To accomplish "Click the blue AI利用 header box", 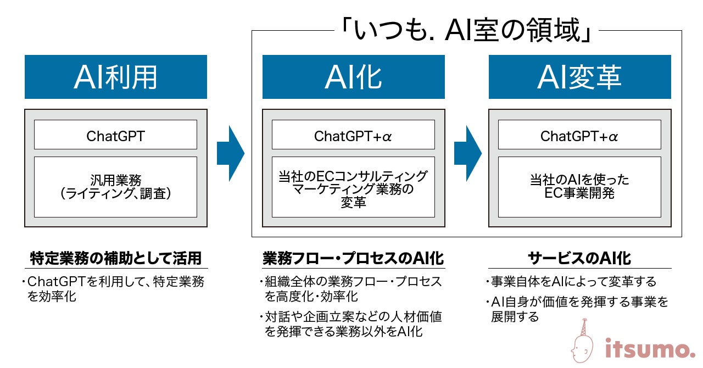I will pos(115,77).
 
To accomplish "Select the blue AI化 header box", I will pos(353,77).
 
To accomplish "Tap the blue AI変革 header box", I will pos(579,77).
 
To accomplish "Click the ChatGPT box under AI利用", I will pos(115,135).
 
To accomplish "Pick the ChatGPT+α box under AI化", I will pos(353,135).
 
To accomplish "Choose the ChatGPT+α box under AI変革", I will pos(579,135).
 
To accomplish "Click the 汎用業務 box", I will pos(115,187).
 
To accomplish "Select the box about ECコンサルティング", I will pos(353,187).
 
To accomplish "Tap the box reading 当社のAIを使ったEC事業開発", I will pos(579,187).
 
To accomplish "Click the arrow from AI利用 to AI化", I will pos(230,154).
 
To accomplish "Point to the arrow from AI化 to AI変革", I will pos(467,154).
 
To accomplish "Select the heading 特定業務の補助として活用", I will pos(115,258).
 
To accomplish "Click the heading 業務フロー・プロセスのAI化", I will pos(353,258).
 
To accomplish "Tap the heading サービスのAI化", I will pos(579,258).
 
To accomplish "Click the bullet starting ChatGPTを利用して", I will pos(115,289).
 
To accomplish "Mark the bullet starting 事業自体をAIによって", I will pos(571,282).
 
